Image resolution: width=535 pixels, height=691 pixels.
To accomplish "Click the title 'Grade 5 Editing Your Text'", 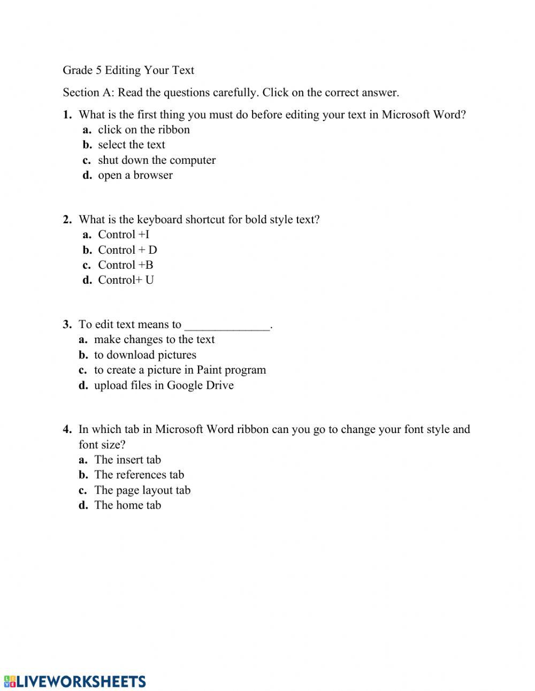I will (128, 70).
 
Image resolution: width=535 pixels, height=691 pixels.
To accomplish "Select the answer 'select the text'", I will (132, 145).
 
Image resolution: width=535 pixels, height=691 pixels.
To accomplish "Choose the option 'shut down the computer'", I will (157, 160).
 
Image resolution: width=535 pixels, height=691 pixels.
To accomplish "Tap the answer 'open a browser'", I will (135, 175).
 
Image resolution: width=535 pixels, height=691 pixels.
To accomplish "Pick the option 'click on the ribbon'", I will (144, 130).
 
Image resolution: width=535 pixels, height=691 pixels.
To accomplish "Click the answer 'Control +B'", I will (126, 265).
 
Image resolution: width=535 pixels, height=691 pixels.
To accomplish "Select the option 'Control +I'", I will (124, 234).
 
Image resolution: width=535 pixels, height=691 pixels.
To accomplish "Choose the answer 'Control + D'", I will (127, 250).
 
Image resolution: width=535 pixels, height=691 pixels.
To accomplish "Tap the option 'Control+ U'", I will (126, 280).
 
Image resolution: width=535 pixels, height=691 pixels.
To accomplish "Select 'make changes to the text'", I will (154, 339).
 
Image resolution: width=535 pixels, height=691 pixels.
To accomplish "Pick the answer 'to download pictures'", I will (145, 355).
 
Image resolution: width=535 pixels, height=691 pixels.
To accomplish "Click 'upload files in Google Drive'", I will (164, 385).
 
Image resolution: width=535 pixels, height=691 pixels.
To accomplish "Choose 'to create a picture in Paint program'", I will (180, 370).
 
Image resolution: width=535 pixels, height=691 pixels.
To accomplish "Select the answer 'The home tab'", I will (127, 505).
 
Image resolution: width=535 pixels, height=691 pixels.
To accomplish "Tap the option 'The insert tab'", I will (127, 460).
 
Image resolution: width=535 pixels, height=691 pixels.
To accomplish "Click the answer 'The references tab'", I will (139, 475).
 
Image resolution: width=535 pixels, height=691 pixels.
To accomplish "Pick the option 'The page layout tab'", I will (142, 490).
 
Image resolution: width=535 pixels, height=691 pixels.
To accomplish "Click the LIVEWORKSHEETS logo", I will (75, 681).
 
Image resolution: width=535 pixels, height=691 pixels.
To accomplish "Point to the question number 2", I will (67, 219).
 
